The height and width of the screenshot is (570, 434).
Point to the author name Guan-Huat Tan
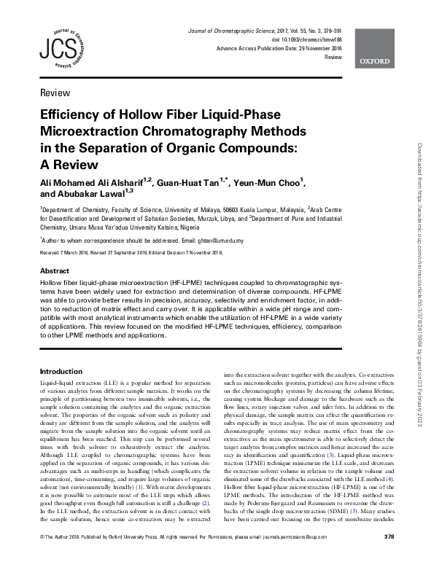(x=191, y=182)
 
